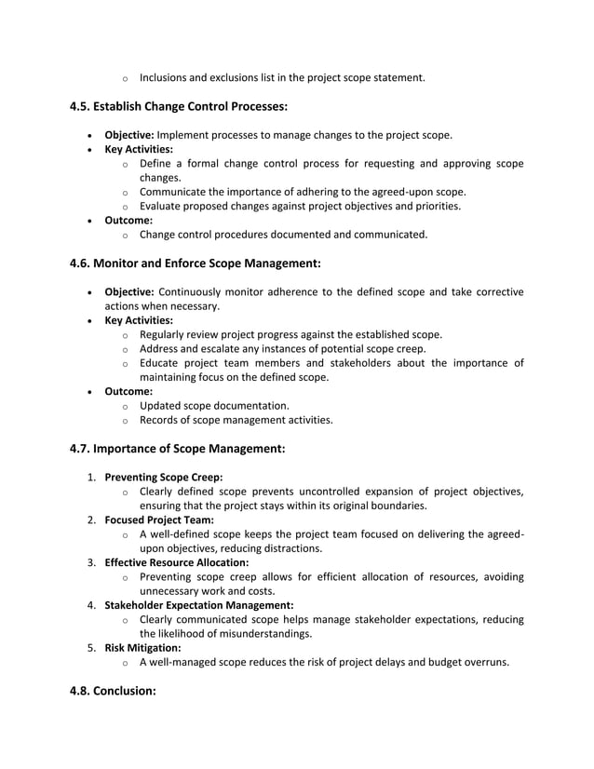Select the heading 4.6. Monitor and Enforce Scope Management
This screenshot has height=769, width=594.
coord(196,263)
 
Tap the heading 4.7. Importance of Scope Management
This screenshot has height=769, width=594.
coord(177,448)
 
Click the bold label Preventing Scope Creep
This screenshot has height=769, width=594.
coord(163,477)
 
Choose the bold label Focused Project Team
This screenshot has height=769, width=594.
coord(159,519)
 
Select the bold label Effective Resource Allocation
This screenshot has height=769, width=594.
coord(176,562)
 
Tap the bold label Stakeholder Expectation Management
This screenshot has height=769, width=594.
coord(198,605)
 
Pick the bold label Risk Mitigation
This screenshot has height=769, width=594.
coord(142,648)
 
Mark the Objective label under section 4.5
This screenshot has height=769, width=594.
coord(128,135)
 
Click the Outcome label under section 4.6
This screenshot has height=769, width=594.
coord(128,392)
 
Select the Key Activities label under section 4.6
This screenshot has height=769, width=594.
coord(138,320)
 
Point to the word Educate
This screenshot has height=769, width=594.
coord(161,363)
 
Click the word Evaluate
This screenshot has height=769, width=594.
coord(162,206)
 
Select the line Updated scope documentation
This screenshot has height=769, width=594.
coord(214,406)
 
